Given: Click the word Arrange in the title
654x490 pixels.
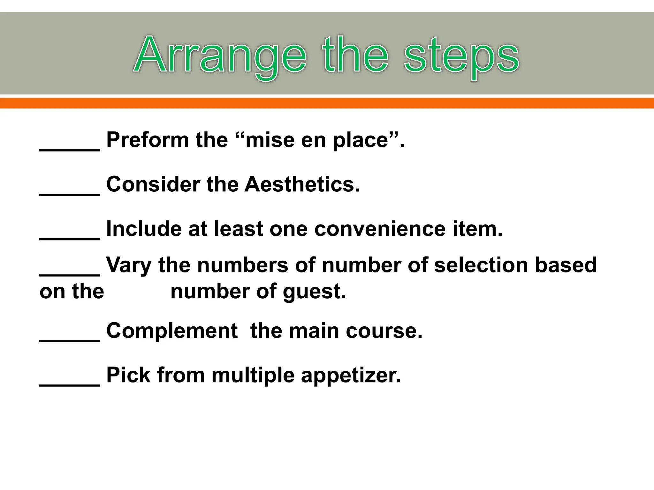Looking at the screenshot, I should point(220,55).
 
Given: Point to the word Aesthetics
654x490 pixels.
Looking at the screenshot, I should point(302,184).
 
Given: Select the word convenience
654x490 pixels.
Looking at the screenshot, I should point(380,229).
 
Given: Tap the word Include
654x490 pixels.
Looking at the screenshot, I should point(144,229).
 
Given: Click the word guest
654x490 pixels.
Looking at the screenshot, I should point(314,292).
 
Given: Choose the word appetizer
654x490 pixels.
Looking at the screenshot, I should point(350,375).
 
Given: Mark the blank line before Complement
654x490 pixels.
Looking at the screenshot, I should point(70,340).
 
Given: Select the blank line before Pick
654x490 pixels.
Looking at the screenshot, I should point(70,384).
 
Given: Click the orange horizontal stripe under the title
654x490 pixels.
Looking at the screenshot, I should point(327,103).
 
